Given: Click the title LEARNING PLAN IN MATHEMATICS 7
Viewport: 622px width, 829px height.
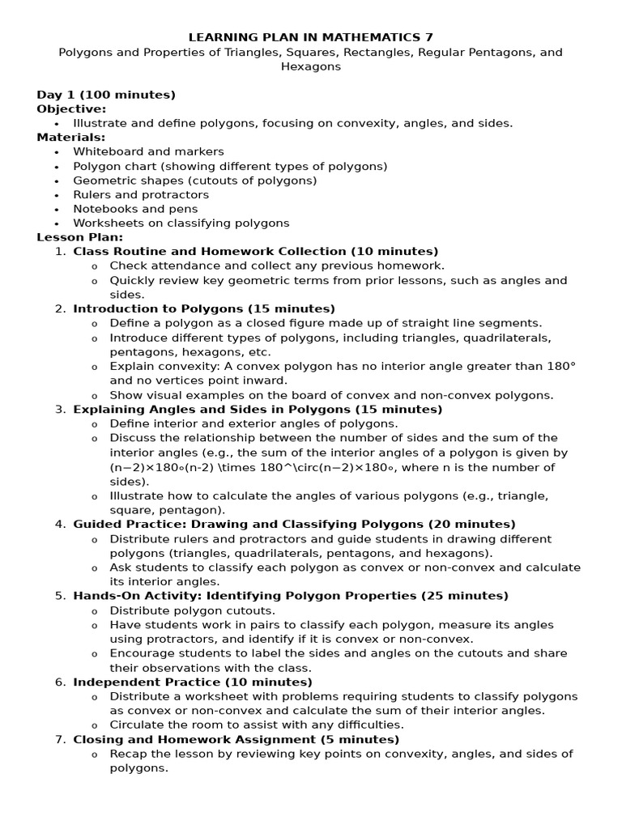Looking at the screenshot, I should click(x=310, y=37).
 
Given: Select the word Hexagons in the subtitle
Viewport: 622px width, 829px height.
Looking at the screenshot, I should click(x=310, y=66).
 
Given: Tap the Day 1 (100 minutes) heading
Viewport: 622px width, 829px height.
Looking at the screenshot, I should click(x=106, y=95).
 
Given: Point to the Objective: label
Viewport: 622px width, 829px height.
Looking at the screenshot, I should click(x=71, y=108).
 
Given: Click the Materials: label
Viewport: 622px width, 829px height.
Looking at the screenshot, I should click(x=71, y=137).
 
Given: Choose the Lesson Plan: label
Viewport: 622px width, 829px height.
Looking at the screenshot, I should click(x=80, y=237).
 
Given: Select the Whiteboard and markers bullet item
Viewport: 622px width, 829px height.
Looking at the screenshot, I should click(x=148, y=151).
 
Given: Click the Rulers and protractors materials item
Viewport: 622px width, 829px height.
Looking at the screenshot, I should click(x=141, y=194).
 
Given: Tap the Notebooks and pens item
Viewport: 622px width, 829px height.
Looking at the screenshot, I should click(x=135, y=209).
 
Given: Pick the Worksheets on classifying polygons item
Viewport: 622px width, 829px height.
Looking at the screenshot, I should click(x=181, y=223).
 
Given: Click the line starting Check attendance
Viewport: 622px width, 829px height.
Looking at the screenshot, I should click(x=277, y=266).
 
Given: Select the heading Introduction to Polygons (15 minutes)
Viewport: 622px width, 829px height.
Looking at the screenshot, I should click(x=204, y=308).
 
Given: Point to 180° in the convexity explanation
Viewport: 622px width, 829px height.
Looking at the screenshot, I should click(x=560, y=366).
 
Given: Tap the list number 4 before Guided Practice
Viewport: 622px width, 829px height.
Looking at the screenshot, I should click(x=60, y=524).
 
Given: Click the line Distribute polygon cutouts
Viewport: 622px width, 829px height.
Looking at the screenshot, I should click(x=193, y=610).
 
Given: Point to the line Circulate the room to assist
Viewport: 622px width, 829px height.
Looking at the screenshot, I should click(x=257, y=725).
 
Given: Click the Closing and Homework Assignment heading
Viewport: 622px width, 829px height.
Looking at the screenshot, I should click(x=236, y=739).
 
